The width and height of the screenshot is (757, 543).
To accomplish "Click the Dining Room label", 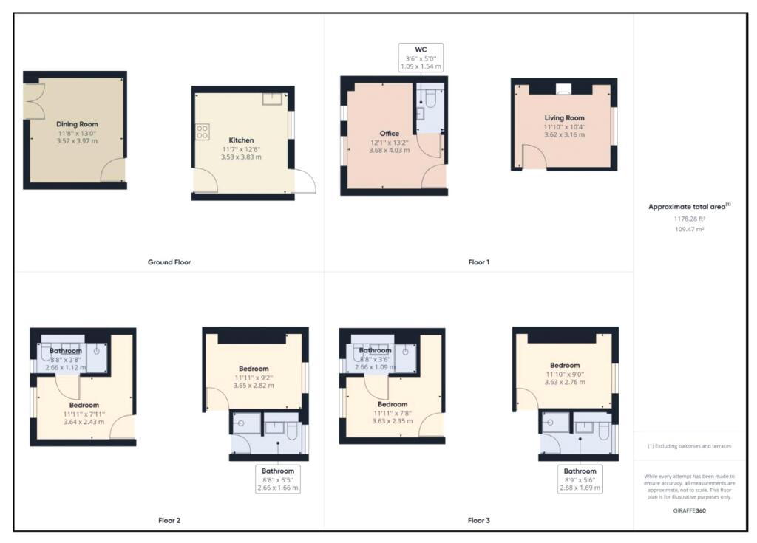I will tap(77, 124).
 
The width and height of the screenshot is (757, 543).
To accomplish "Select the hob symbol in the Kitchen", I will tap(202, 132).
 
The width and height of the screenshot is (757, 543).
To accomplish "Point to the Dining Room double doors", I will tap(33, 101).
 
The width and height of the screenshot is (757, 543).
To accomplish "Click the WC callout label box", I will tap(421, 58).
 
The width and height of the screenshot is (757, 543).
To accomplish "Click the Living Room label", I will tap(564, 117).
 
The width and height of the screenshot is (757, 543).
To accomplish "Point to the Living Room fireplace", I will tap(564, 89).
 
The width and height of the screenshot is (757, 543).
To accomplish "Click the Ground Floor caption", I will tap(169, 262).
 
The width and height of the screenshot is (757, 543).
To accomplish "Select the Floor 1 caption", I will tap(478, 262).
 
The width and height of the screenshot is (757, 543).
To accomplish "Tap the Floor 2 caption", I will tap(169, 520).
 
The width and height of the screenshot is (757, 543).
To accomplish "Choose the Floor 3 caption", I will tap(478, 520).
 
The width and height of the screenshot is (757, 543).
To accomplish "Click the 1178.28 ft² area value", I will tap(689, 219).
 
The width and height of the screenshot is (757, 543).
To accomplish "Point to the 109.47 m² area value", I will tap(689, 230).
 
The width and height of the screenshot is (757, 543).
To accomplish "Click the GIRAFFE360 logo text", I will tap(689, 510).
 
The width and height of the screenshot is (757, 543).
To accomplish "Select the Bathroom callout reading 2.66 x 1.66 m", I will tap(277, 479).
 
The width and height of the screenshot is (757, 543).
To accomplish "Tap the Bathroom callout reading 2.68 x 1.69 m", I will tap(580, 479).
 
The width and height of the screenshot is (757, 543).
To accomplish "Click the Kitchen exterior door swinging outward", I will tap(304, 182).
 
